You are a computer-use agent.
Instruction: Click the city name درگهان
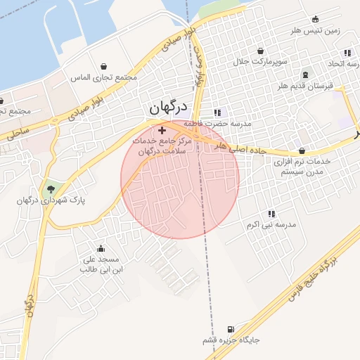point(169,107)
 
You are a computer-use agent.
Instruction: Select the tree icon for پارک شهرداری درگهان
point(50,188)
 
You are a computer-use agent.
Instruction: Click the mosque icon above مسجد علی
point(101,247)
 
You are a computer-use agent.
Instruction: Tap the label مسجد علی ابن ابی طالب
point(102,264)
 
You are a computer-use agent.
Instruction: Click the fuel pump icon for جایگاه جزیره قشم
point(230,329)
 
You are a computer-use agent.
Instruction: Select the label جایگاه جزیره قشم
point(231,340)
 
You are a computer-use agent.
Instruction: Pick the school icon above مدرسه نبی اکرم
point(271,214)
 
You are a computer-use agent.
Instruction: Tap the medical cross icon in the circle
point(162,130)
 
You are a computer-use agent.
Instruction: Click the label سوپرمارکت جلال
point(261,62)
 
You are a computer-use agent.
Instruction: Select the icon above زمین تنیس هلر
point(315,19)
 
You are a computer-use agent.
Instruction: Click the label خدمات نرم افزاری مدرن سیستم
point(302,166)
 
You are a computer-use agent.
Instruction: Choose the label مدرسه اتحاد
point(337,64)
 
